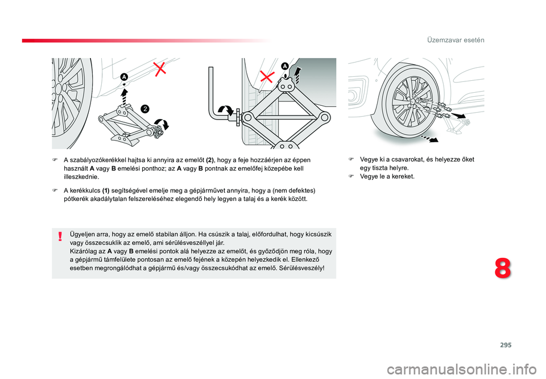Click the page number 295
(506, 345)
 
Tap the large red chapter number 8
(503, 269)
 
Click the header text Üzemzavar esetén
(456, 40)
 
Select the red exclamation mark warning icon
(60, 237)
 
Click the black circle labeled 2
(145, 109)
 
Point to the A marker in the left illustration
(125, 77)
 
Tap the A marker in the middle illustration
(285, 66)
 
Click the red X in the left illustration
(160, 69)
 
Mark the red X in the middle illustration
(267, 76)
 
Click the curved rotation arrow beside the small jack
(162, 123)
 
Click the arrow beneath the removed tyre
(429, 138)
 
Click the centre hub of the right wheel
(412, 101)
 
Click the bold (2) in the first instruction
(210, 160)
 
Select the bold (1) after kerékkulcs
(106, 191)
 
